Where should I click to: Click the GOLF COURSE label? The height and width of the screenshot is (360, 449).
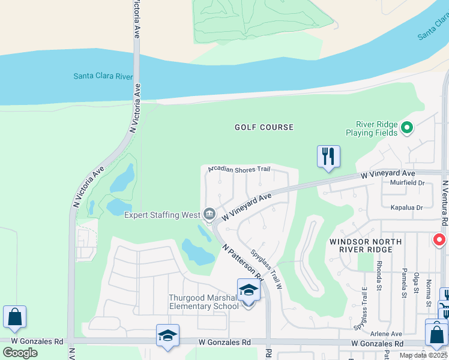tap(264, 127)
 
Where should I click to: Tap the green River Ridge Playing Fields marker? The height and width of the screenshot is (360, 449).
tap(407, 127)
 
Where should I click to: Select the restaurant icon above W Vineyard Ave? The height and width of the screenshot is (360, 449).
tap(328, 157)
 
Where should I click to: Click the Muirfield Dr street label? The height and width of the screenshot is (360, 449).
tap(407, 183)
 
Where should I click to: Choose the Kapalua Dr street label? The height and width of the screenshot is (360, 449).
tap(406, 207)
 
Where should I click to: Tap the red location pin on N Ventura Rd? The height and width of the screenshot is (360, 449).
tap(439, 240)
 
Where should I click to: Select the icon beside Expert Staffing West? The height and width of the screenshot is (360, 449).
tap(209, 214)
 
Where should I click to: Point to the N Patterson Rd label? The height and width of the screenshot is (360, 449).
tap(243, 263)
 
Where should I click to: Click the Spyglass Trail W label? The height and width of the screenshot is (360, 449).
tap(267, 270)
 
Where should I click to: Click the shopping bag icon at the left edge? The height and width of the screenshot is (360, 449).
tap(14, 317)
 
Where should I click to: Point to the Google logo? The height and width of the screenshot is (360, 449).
tap(19, 353)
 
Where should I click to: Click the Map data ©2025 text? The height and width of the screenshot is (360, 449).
tap(423, 355)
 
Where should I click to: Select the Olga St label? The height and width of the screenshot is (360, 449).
tap(415, 281)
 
